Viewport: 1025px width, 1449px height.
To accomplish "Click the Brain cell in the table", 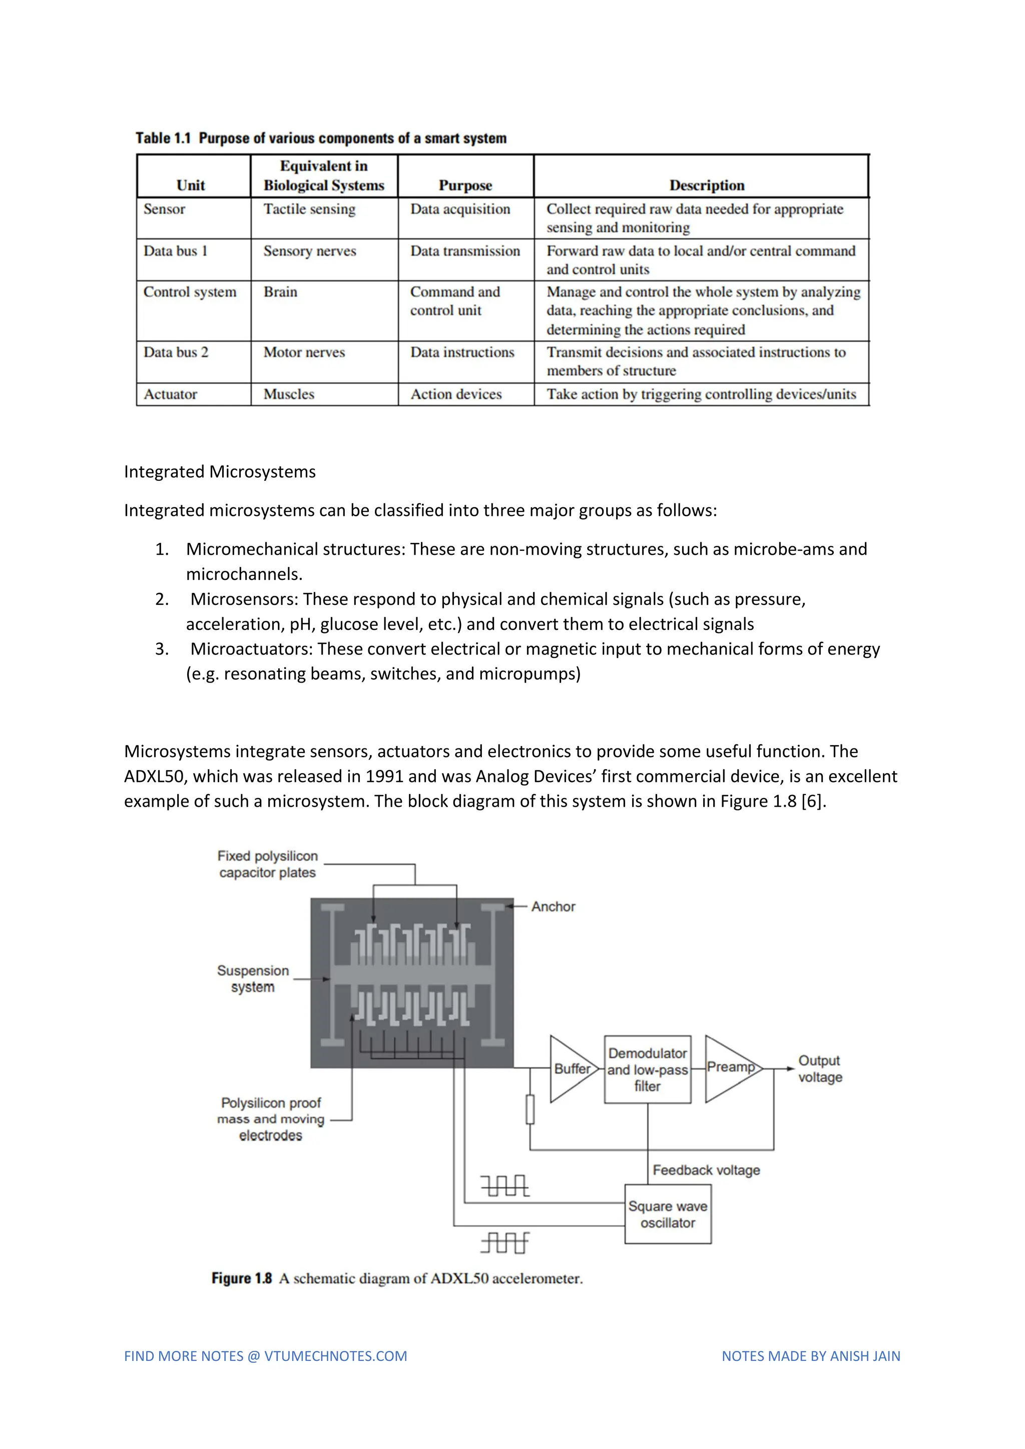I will click(280, 292).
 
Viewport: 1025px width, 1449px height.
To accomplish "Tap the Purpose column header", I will click(465, 186).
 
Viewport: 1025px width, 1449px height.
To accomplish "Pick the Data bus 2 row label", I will click(176, 352).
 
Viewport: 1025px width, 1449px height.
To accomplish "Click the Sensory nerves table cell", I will click(309, 251).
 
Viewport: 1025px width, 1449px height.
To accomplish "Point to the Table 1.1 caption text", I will click(321, 138).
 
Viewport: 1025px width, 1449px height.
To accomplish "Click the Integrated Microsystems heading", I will click(220, 472).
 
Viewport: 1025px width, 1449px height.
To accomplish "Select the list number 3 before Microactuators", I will click(162, 649).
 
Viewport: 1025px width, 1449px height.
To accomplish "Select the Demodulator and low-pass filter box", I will click(647, 1070).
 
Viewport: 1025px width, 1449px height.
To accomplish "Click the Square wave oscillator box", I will click(667, 1214).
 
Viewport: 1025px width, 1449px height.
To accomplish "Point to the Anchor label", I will click(553, 907).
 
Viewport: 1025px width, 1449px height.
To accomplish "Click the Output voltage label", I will click(819, 1069).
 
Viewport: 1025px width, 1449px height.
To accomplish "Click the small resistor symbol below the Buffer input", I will click(530, 1109).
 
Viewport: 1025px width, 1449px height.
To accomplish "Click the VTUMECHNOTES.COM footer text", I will click(335, 1356).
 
